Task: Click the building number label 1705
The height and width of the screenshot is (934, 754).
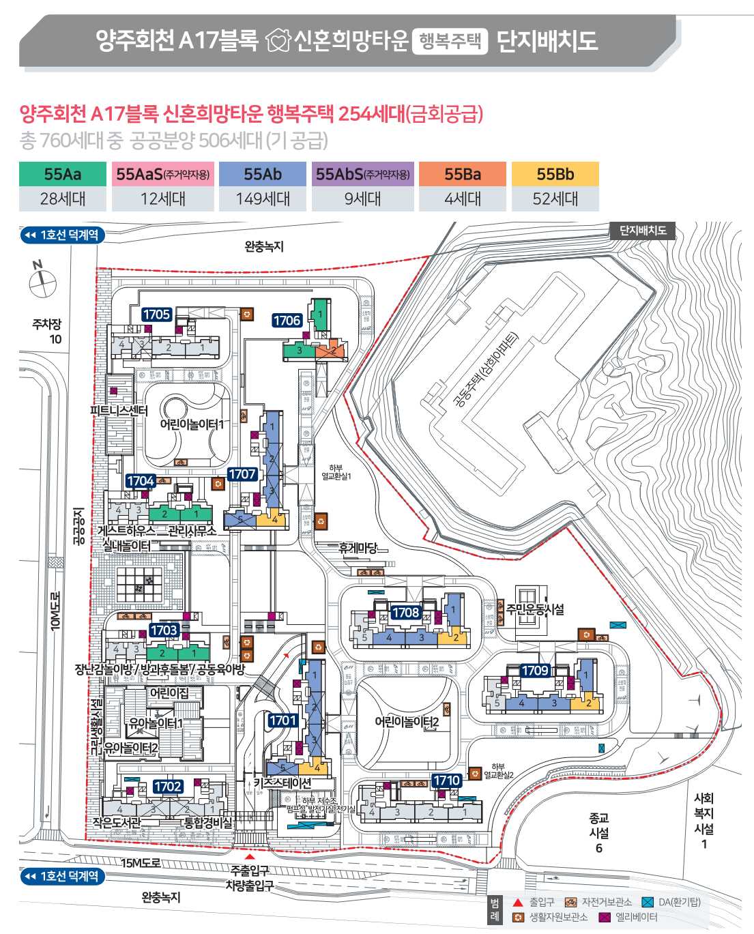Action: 156,315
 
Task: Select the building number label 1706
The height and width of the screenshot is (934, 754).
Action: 287,321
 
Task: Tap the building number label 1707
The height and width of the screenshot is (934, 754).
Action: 242,474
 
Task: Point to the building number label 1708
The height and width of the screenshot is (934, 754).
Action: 405,613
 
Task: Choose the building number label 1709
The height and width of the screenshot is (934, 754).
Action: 535,671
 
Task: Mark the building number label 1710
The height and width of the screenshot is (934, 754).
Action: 447,780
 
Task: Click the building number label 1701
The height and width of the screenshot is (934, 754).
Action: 282,720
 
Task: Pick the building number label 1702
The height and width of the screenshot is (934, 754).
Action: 168,787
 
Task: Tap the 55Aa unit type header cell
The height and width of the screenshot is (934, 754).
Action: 63,174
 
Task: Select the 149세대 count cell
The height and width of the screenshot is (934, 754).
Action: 263,199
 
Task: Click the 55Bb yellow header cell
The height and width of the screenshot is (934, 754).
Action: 555,174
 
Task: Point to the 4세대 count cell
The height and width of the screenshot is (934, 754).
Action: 463,199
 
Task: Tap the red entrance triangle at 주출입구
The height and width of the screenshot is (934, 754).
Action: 250,856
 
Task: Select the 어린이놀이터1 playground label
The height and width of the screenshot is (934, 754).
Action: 192,424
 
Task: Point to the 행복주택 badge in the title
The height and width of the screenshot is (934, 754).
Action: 450,41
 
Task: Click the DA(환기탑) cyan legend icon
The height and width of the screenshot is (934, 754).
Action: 648,902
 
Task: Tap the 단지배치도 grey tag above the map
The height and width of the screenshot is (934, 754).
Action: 642,231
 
